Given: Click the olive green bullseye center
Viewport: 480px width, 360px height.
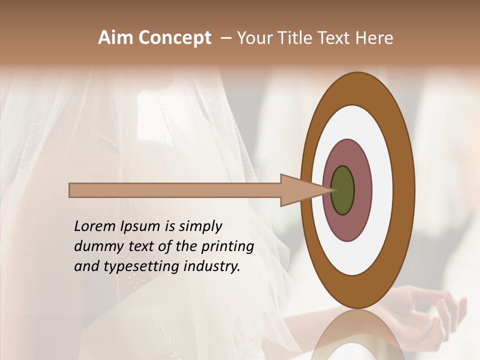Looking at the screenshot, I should click(342, 190).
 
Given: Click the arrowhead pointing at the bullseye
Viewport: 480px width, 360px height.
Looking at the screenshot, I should click(300, 190).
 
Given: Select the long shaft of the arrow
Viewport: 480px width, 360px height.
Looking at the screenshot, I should click(175, 190).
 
